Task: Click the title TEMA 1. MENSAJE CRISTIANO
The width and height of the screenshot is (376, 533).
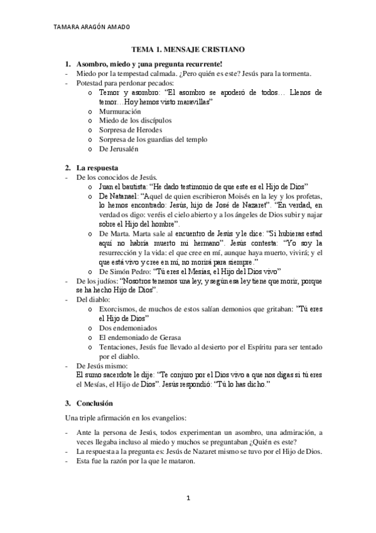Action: (188, 48)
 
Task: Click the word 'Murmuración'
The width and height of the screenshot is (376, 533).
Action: (120, 111)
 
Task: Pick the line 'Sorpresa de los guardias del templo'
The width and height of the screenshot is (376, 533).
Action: (153, 140)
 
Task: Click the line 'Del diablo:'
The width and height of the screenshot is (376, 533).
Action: (92, 300)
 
